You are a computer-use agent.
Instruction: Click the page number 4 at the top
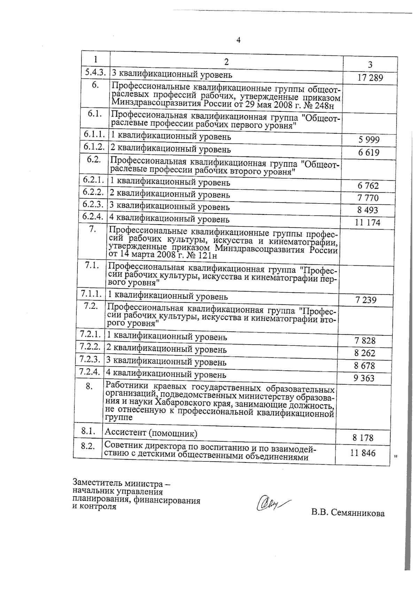pyautogui.click(x=239, y=40)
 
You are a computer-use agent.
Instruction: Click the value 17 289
pyautogui.click(x=370, y=77)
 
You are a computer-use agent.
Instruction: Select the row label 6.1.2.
pyautogui.click(x=94, y=147)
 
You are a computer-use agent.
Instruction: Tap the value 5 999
pyautogui.click(x=369, y=140)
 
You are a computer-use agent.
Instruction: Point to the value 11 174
pyautogui.click(x=367, y=222)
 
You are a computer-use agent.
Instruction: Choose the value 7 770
pyautogui.click(x=368, y=198)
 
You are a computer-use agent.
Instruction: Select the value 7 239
pyautogui.click(x=366, y=300)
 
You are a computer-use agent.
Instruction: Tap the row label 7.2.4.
pyautogui.click(x=90, y=372)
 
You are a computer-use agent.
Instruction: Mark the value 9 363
pyautogui.click(x=364, y=378)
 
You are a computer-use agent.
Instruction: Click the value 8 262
pyautogui.click(x=365, y=353)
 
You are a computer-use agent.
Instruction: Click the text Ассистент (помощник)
pyautogui.click(x=151, y=433)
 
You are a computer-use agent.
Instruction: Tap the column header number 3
pyautogui.click(x=370, y=64)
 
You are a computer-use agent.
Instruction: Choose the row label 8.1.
pyautogui.click(x=88, y=431)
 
